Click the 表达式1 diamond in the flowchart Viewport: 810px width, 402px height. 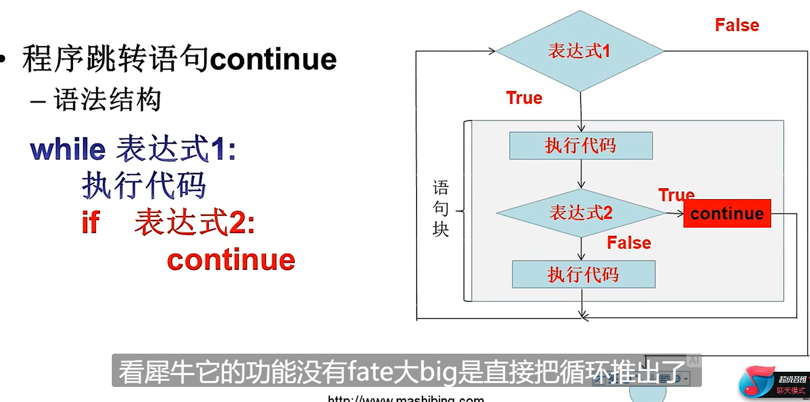pyautogui.click(x=579, y=52)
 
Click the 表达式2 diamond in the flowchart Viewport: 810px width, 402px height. pyautogui.click(x=580, y=213)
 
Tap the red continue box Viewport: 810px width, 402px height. pyautogui.click(x=727, y=213)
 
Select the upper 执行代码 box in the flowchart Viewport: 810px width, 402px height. pyautogui.click(x=580, y=146)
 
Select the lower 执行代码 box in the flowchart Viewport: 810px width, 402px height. pyautogui.click(x=583, y=275)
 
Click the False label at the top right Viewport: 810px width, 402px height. pyautogui.click(x=737, y=25)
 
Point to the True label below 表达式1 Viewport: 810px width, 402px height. pyautogui.click(x=524, y=98)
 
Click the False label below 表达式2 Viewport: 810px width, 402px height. pyautogui.click(x=629, y=243)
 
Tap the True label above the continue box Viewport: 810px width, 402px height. pyautogui.click(x=676, y=195)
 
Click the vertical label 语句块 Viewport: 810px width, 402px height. pyautogui.click(x=441, y=209)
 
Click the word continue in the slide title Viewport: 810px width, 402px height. pyautogui.click(x=273, y=59)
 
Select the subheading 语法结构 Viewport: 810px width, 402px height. pyautogui.click(x=107, y=100)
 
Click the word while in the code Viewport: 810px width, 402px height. pyautogui.click(x=68, y=149)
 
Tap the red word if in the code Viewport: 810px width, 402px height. pyautogui.click(x=90, y=222)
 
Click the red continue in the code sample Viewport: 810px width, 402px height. pyautogui.click(x=231, y=260)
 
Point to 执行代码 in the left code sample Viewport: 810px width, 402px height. pyautogui.click(x=144, y=186)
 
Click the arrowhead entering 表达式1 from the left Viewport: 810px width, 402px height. pyautogui.click(x=491, y=52)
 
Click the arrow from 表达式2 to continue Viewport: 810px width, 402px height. pyautogui.click(x=675, y=213)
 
